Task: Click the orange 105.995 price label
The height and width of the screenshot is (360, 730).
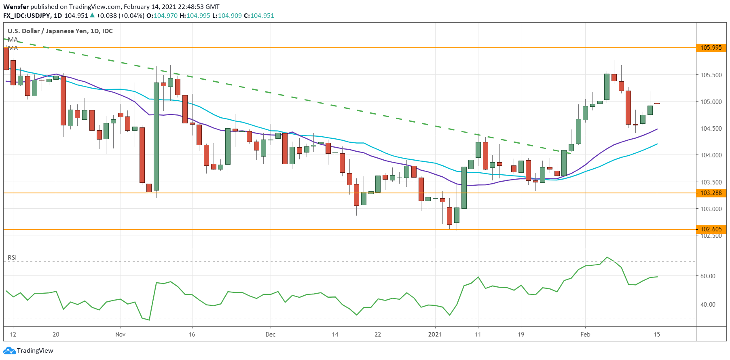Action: (x=711, y=48)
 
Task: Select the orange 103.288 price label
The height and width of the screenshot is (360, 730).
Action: (x=711, y=193)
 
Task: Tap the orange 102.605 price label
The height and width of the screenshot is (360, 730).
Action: (x=711, y=229)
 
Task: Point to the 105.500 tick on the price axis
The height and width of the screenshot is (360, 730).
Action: (x=711, y=75)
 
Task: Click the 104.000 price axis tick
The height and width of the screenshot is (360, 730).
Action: (x=711, y=155)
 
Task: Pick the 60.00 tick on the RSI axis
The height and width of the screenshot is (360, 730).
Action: (x=708, y=276)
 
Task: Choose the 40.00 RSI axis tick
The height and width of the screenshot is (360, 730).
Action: (x=708, y=305)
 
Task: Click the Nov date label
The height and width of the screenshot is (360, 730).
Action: (x=121, y=335)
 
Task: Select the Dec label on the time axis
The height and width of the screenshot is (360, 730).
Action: (x=271, y=335)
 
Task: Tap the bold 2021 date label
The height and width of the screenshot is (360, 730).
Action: (x=435, y=335)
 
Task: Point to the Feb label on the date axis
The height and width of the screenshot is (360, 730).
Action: (x=585, y=335)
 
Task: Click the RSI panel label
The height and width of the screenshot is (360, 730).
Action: (x=12, y=258)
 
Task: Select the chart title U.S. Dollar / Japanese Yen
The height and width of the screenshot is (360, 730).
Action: (x=60, y=31)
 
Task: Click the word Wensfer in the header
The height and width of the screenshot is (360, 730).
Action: (x=16, y=7)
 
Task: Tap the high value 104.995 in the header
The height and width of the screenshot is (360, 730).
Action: (x=198, y=16)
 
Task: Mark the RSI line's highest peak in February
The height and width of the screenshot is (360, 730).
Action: (x=607, y=257)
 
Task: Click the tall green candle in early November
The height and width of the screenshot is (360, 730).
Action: (x=156, y=136)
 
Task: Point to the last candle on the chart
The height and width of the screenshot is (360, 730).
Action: (x=657, y=104)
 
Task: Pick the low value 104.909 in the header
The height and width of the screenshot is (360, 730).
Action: (x=230, y=16)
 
